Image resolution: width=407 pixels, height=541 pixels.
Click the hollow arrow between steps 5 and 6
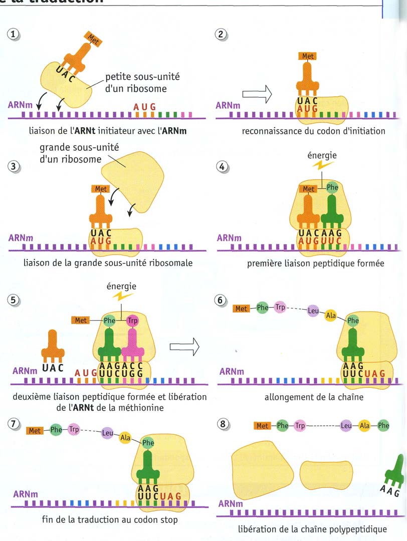point(185,346)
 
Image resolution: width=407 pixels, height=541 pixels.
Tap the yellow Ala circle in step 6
point(331,316)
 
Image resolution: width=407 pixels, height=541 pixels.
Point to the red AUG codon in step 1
point(145,106)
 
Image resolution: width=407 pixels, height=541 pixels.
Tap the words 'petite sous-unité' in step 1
point(142,77)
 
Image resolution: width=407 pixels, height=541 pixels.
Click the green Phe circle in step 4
point(332,187)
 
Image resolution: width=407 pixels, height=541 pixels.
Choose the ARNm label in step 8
point(231,503)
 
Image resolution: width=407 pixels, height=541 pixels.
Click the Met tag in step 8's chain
point(263,426)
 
